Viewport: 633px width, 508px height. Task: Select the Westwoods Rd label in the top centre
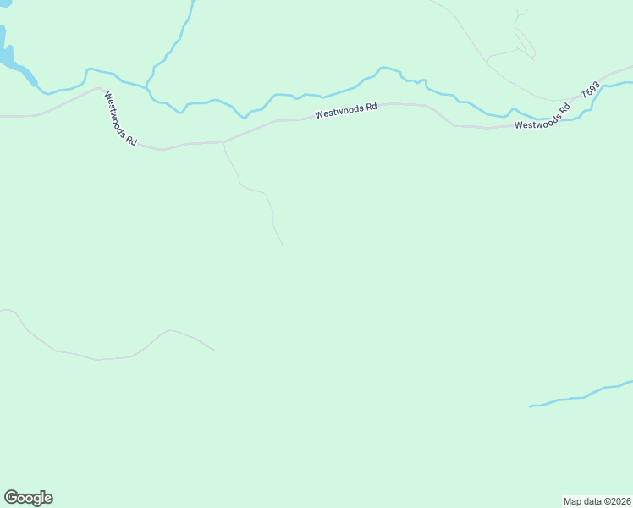345,112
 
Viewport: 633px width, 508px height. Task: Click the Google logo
28,498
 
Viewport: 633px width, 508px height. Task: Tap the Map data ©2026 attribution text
596,501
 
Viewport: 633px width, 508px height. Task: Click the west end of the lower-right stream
531,406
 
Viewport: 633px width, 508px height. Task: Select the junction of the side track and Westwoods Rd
223,142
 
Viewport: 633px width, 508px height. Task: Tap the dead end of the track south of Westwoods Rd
282,246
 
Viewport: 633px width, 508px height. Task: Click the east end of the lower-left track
214,349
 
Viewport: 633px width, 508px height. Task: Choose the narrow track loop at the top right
520,38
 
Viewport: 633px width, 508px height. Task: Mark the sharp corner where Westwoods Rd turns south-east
100,88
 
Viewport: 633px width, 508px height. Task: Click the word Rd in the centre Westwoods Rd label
370,108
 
